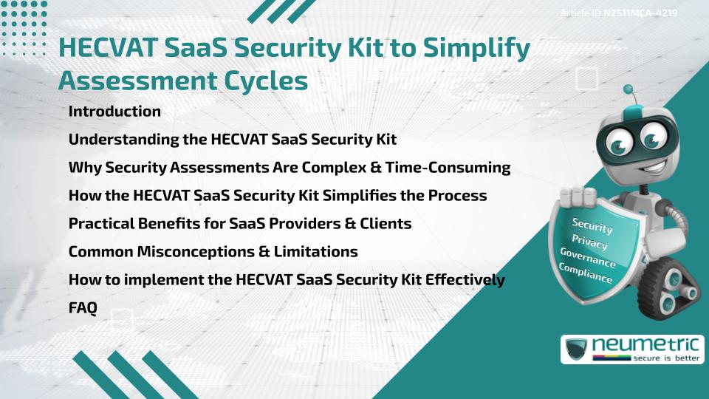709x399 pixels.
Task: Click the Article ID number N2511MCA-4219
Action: (640, 13)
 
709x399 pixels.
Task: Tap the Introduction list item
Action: (114, 112)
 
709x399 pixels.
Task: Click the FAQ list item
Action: (82, 308)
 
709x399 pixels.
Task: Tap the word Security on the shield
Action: (592, 226)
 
